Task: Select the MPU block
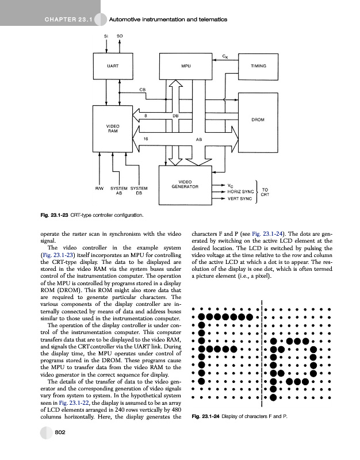(185, 66)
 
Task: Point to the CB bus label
(141, 89)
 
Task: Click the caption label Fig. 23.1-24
(208, 416)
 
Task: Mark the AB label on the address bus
(199, 139)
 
